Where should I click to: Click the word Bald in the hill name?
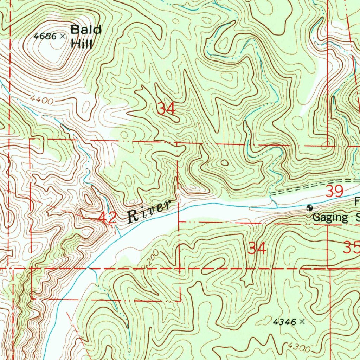point(86,30)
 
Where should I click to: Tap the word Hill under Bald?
point(81,44)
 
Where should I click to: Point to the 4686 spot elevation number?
point(45,36)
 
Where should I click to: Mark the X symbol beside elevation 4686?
point(63,36)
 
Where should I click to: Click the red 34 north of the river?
point(166,109)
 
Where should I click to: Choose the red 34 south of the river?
point(257,249)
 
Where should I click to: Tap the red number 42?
point(107,218)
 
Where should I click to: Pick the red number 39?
point(334,192)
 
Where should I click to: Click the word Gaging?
point(330,217)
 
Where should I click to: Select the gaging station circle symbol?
point(310,208)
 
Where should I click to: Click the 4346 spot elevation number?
point(284,321)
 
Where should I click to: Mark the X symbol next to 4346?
point(301,321)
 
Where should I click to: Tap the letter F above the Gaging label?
point(357,202)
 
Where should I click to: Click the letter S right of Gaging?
point(358,217)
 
